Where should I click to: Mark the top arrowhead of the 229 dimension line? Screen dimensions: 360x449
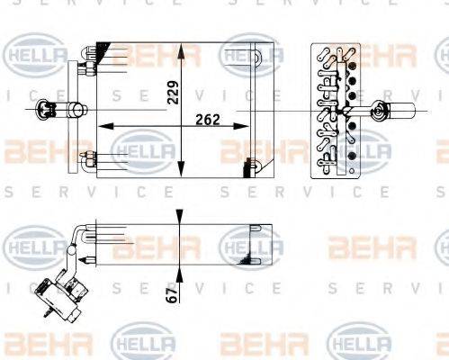coord(184,47)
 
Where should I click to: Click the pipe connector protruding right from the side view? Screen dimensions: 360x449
coord(395,112)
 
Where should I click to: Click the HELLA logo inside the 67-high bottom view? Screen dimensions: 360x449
coord(249,244)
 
